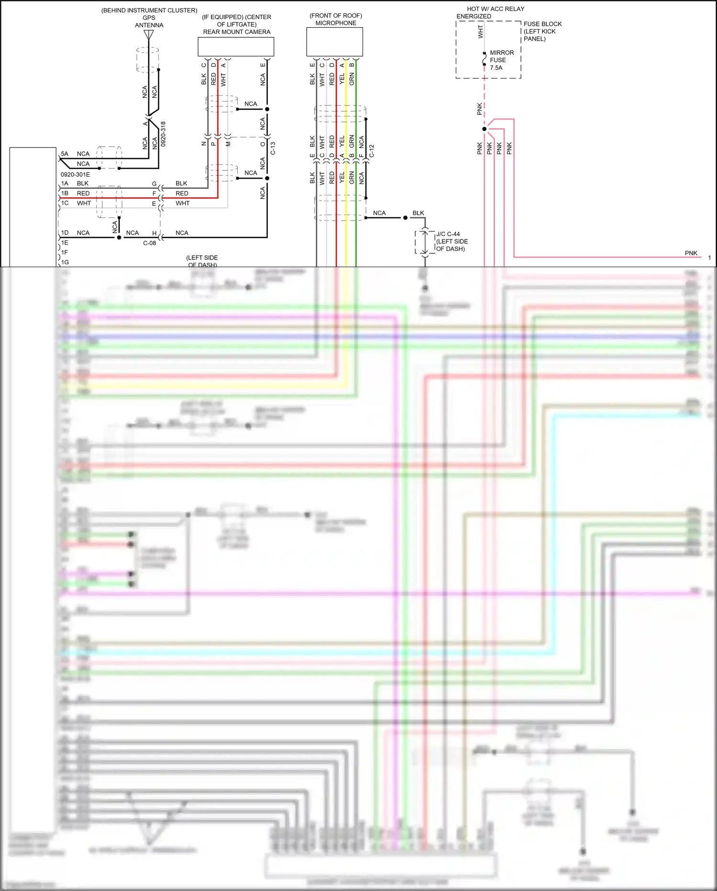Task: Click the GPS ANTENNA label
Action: [149, 22]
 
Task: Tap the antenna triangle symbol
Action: [149, 34]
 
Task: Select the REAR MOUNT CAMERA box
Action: [236, 47]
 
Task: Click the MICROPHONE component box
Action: [334, 42]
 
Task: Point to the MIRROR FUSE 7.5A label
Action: [501, 60]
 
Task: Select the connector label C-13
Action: [273, 148]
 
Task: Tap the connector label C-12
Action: [372, 151]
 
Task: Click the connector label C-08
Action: [150, 243]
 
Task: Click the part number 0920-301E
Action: [75, 175]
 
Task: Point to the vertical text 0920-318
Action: [163, 134]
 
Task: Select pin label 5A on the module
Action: [65, 154]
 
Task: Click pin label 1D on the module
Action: [65, 233]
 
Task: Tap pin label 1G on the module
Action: [65, 262]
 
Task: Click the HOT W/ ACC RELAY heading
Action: [495, 9]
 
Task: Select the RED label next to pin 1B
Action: [83, 193]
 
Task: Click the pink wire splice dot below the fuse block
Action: [484, 129]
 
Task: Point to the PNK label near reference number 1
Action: [691, 253]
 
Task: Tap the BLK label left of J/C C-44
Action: [418, 213]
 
